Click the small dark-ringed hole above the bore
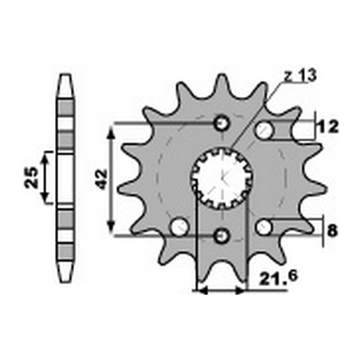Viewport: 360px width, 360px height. (222, 124)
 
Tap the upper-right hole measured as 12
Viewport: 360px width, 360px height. (264, 128)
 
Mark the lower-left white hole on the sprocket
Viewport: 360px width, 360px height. (181, 229)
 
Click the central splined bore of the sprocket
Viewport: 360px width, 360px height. (222, 179)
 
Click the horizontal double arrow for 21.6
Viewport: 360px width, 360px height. (221, 291)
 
